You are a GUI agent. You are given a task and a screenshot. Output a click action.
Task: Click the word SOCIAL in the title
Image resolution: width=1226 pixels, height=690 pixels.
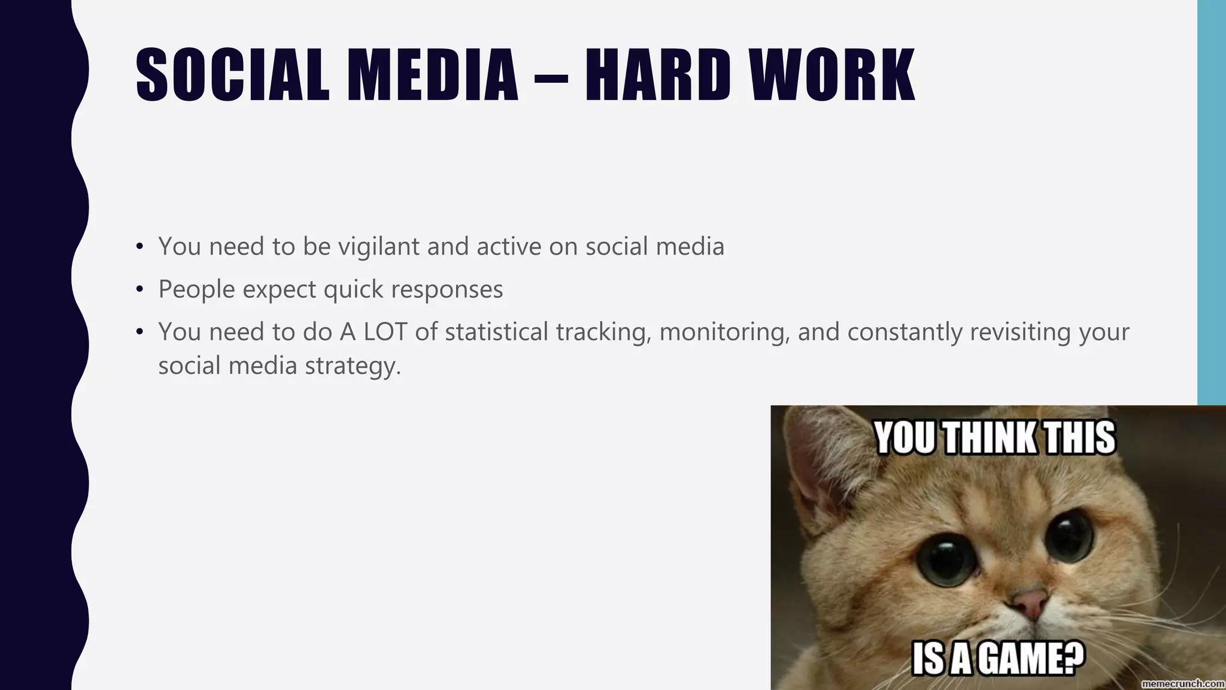[232, 75]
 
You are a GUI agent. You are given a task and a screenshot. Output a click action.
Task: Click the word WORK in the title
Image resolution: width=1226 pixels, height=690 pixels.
[833, 75]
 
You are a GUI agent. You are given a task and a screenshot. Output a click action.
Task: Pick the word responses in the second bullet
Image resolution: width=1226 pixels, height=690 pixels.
[447, 290]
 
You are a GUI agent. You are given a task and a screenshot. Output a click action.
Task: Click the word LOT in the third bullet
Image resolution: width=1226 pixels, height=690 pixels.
[385, 332]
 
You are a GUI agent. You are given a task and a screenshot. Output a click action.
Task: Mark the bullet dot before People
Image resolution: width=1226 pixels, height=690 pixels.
[140, 290]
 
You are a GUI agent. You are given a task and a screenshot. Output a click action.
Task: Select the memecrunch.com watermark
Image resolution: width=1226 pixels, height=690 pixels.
[1183, 683]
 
